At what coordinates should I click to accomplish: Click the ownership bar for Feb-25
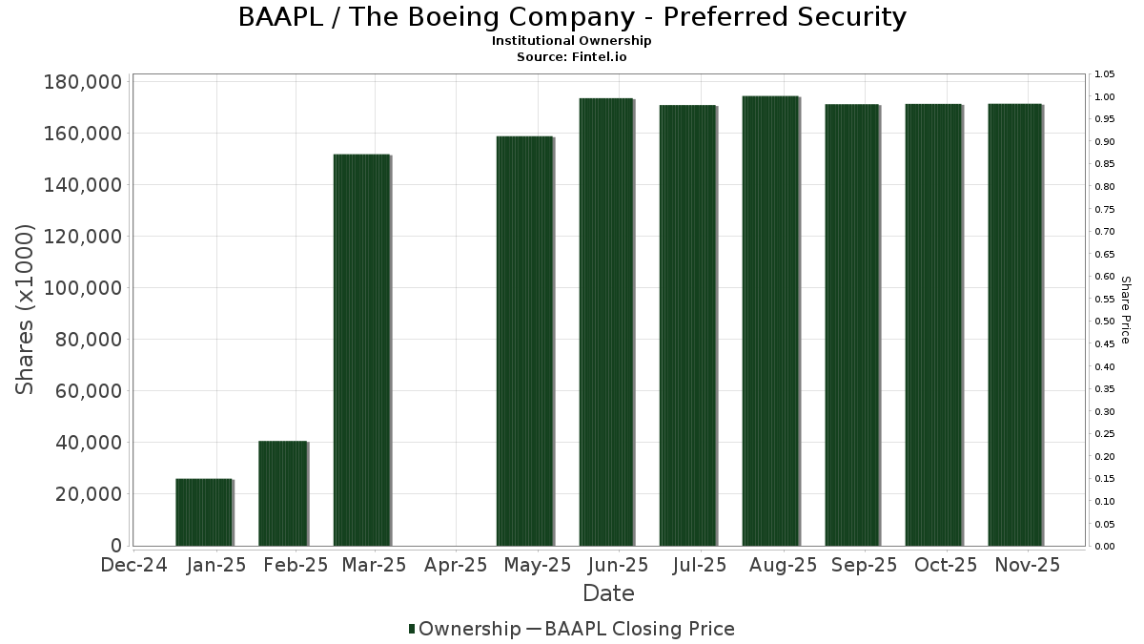pyautogui.click(x=283, y=493)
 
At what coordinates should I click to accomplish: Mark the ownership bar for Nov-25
pyautogui.click(x=1015, y=325)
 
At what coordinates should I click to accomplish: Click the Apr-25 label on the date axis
pyautogui.click(x=457, y=566)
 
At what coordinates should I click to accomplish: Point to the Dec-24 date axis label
pyautogui.click(x=134, y=566)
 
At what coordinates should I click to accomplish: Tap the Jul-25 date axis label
pyautogui.click(x=700, y=566)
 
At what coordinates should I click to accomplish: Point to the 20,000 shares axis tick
pyautogui.click(x=88, y=494)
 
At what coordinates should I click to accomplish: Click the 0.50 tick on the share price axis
pyautogui.click(x=1104, y=322)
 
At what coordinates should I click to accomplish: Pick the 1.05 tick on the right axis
pyautogui.click(x=1104, y=74)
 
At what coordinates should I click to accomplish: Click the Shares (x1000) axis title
pyautogui.click(x=26, y=309)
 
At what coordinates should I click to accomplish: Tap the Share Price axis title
pyautogui.click(x=1125, y=309)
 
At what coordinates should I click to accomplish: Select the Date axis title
pyautogui.click(x=608, y=593)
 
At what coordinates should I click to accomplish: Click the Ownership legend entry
pyautogui.click(x=464, y=629)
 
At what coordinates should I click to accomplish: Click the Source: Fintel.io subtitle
pyautogui.click(x=571, y=56)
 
